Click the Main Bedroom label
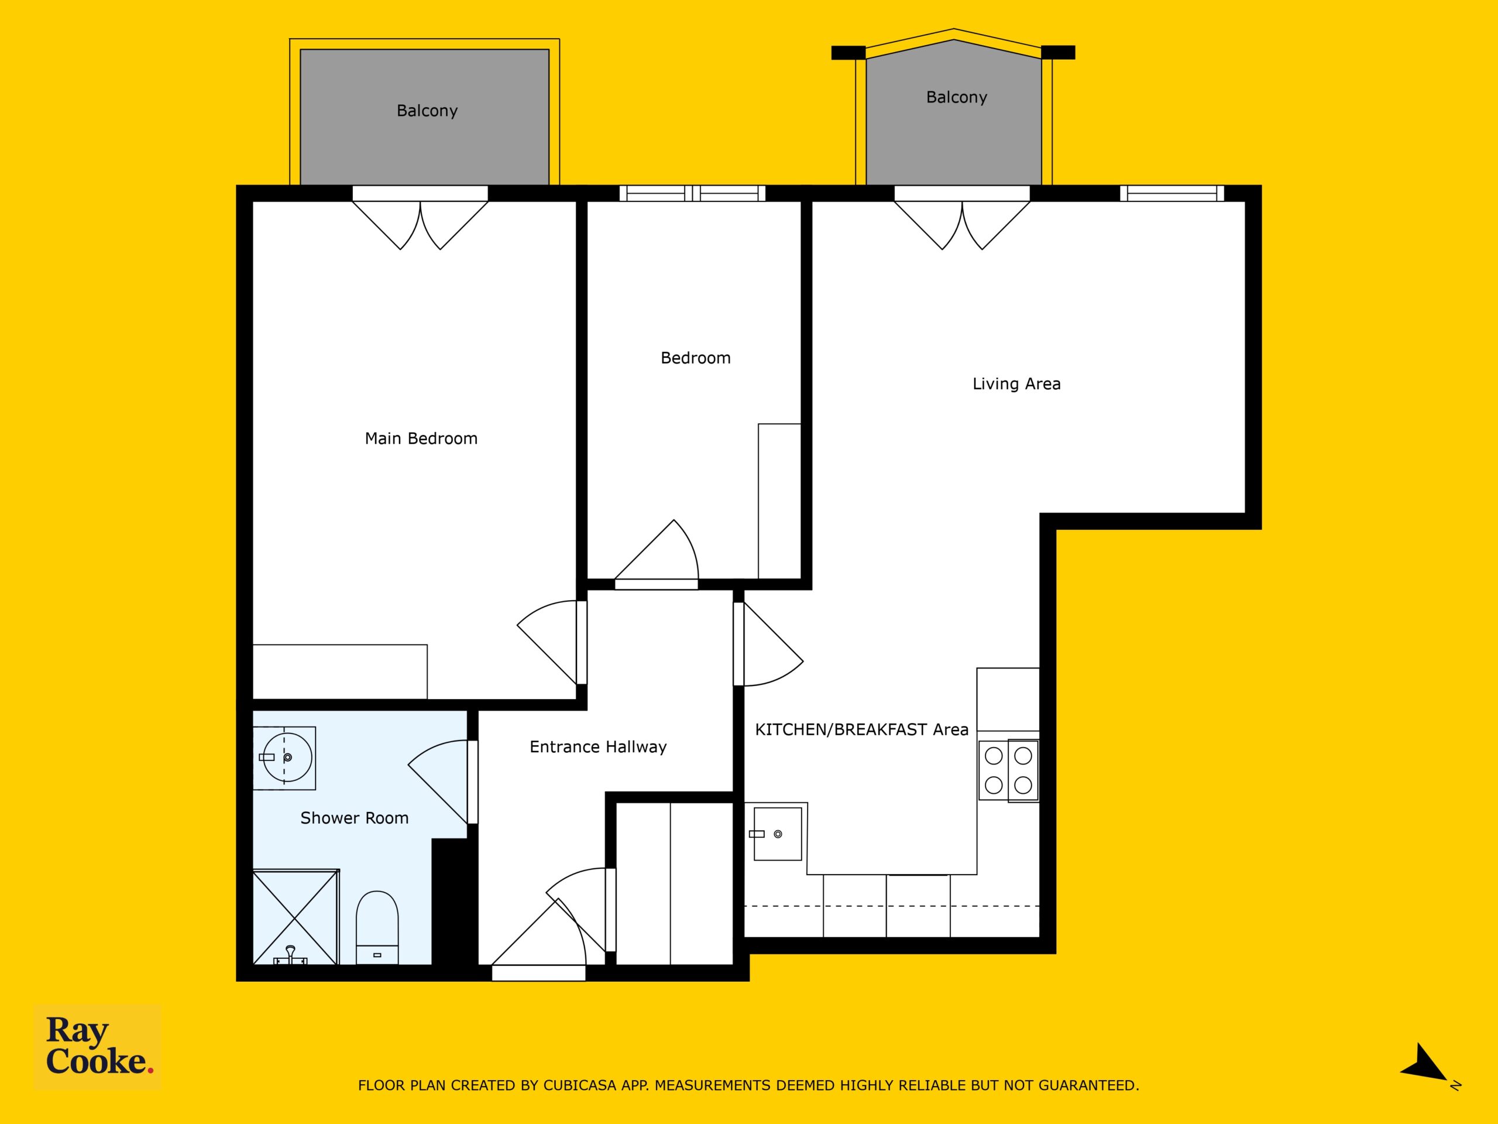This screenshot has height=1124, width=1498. coord(421,438)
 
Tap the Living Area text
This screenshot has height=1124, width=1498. coord(1016,383)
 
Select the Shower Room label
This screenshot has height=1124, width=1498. coord(354,818)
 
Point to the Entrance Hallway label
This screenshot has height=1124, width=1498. coord(598,746)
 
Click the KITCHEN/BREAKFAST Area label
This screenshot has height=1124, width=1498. coord(861,729)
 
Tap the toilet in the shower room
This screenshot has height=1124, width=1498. coord(377,927)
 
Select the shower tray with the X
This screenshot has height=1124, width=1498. coord(296,917)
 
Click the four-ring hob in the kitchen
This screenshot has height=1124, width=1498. coord(1008,770)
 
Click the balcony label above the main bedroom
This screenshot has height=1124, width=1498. coord(427,111)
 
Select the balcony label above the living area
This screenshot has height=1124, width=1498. coord(956,97)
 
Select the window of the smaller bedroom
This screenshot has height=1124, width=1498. coord(692,193)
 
